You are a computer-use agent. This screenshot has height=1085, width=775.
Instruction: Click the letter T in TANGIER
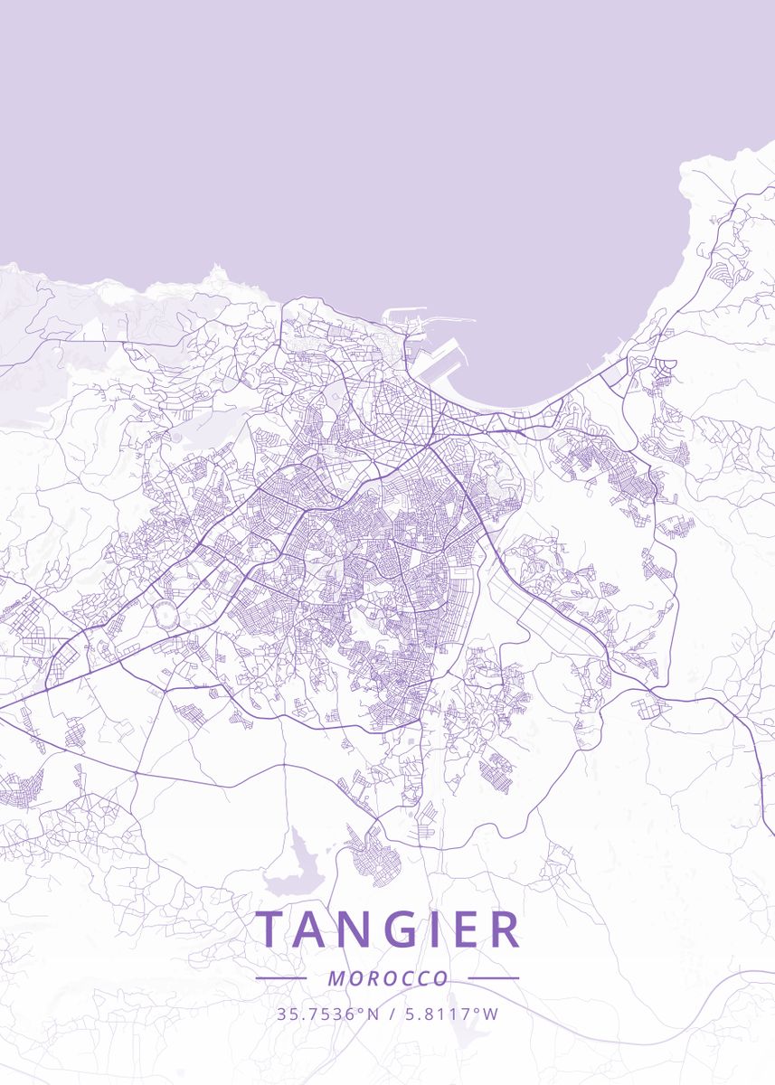pyautogui.click(x=271, y=929)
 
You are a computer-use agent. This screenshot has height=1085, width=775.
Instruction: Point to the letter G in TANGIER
pyautogui.click(x=411, y=929)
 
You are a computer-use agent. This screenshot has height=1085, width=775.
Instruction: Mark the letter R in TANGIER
pyautogui.click(x=507, y=929)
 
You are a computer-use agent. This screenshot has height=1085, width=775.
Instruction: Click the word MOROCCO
pyautogui.click(x=388, y=978)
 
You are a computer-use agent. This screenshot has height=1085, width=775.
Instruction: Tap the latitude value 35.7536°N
pyautogui.click(x=328, y=1014)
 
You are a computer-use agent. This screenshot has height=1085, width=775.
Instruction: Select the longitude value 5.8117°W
pyautogui.click(x=449, y=1014)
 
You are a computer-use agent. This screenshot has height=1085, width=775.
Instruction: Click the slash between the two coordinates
pyautogui.click(x=390, y=1014)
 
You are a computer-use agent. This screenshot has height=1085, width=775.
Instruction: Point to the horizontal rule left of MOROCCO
pyautogui.click(x=281, y=977)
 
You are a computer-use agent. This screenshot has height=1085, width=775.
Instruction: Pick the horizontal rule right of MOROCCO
pyautogui.click(x=494, y=977)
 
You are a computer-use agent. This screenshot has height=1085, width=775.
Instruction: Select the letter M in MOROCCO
pyautogui.click(x=336, y=978)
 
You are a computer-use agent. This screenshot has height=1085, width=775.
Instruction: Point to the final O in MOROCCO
pyautogui.click(x=441, y=978)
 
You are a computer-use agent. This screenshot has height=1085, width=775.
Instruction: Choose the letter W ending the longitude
pyautogui.click(x=491, y=1014)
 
